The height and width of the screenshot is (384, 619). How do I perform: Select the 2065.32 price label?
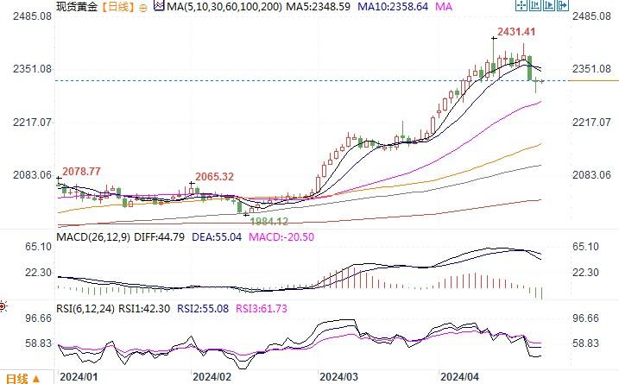point(215,176)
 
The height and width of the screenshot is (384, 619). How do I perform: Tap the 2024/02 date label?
point(212,377)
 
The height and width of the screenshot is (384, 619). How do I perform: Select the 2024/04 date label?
point(459,377)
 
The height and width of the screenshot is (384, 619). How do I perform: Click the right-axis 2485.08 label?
point(592,16)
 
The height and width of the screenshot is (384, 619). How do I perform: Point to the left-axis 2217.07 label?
point(28,123)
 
